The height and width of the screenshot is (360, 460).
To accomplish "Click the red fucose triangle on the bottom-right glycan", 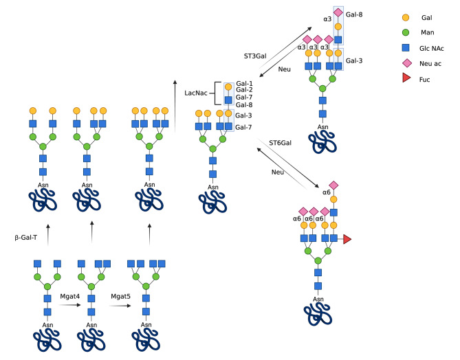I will [347, 238].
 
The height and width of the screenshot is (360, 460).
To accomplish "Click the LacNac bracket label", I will [197, 92].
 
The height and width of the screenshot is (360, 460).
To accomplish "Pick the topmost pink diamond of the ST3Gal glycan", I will [338, 12].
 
